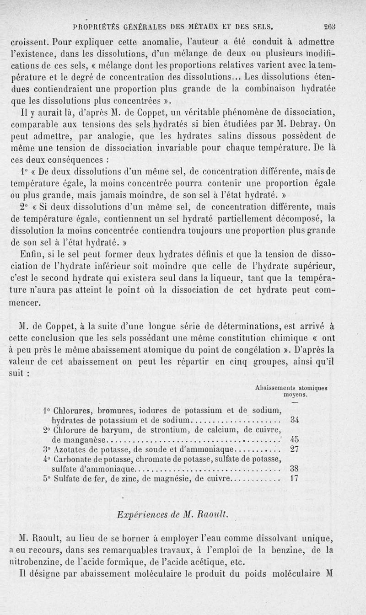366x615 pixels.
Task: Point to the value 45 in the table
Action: (295, 440)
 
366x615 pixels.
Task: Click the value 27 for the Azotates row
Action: (295, 449)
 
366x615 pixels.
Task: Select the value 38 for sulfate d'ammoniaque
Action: (295, 469)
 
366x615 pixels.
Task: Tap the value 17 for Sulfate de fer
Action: (295, 479)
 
